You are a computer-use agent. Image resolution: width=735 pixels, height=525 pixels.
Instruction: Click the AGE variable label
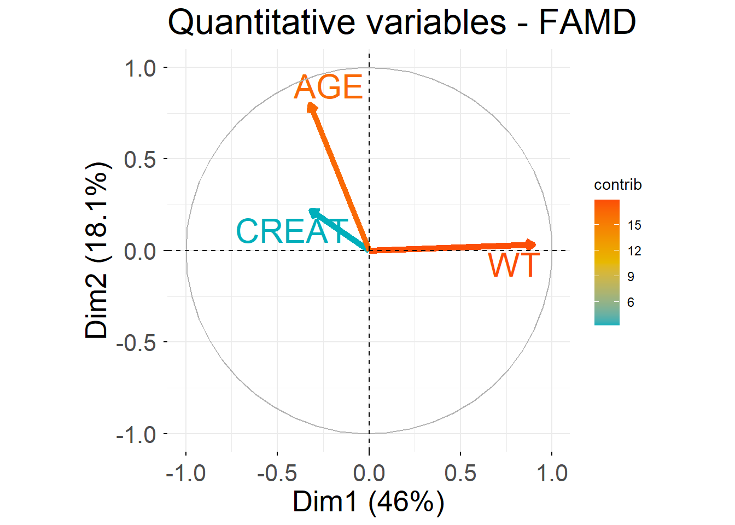[328, 87]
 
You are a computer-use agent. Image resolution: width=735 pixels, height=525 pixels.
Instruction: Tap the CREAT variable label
[292, 231]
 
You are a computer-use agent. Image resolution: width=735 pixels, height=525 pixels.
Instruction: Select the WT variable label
[514, 265]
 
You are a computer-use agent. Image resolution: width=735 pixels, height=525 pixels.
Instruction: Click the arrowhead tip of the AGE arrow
[311, 105]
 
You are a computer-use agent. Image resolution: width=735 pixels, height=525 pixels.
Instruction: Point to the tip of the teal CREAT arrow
[312, 211]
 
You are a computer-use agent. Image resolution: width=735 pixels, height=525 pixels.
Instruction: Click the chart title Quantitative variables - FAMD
[402, 23]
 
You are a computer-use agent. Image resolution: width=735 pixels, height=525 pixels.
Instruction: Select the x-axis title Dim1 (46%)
[369, 501]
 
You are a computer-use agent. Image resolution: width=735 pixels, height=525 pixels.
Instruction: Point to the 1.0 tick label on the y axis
[140, 69]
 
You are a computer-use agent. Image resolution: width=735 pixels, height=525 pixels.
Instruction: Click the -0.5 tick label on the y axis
[136, 343]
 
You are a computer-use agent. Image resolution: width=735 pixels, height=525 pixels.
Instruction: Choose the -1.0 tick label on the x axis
[185, 473]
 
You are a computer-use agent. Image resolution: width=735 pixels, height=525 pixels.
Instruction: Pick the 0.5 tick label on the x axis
[460, 473]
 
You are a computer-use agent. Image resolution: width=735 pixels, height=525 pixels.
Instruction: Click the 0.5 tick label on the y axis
[140, 160]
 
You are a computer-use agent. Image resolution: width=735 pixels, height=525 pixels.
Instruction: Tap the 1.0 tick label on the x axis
[552, 473]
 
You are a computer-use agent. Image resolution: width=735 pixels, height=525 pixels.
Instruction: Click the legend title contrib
[617, 185]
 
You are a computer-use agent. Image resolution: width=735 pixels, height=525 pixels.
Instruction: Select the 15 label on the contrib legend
[634, 225]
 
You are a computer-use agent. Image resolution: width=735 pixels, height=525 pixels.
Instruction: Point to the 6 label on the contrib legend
[631, 302]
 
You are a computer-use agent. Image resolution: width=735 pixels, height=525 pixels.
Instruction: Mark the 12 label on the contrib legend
[634, 251]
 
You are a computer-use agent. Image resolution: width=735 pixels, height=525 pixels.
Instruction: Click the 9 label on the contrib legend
[631, 277]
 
